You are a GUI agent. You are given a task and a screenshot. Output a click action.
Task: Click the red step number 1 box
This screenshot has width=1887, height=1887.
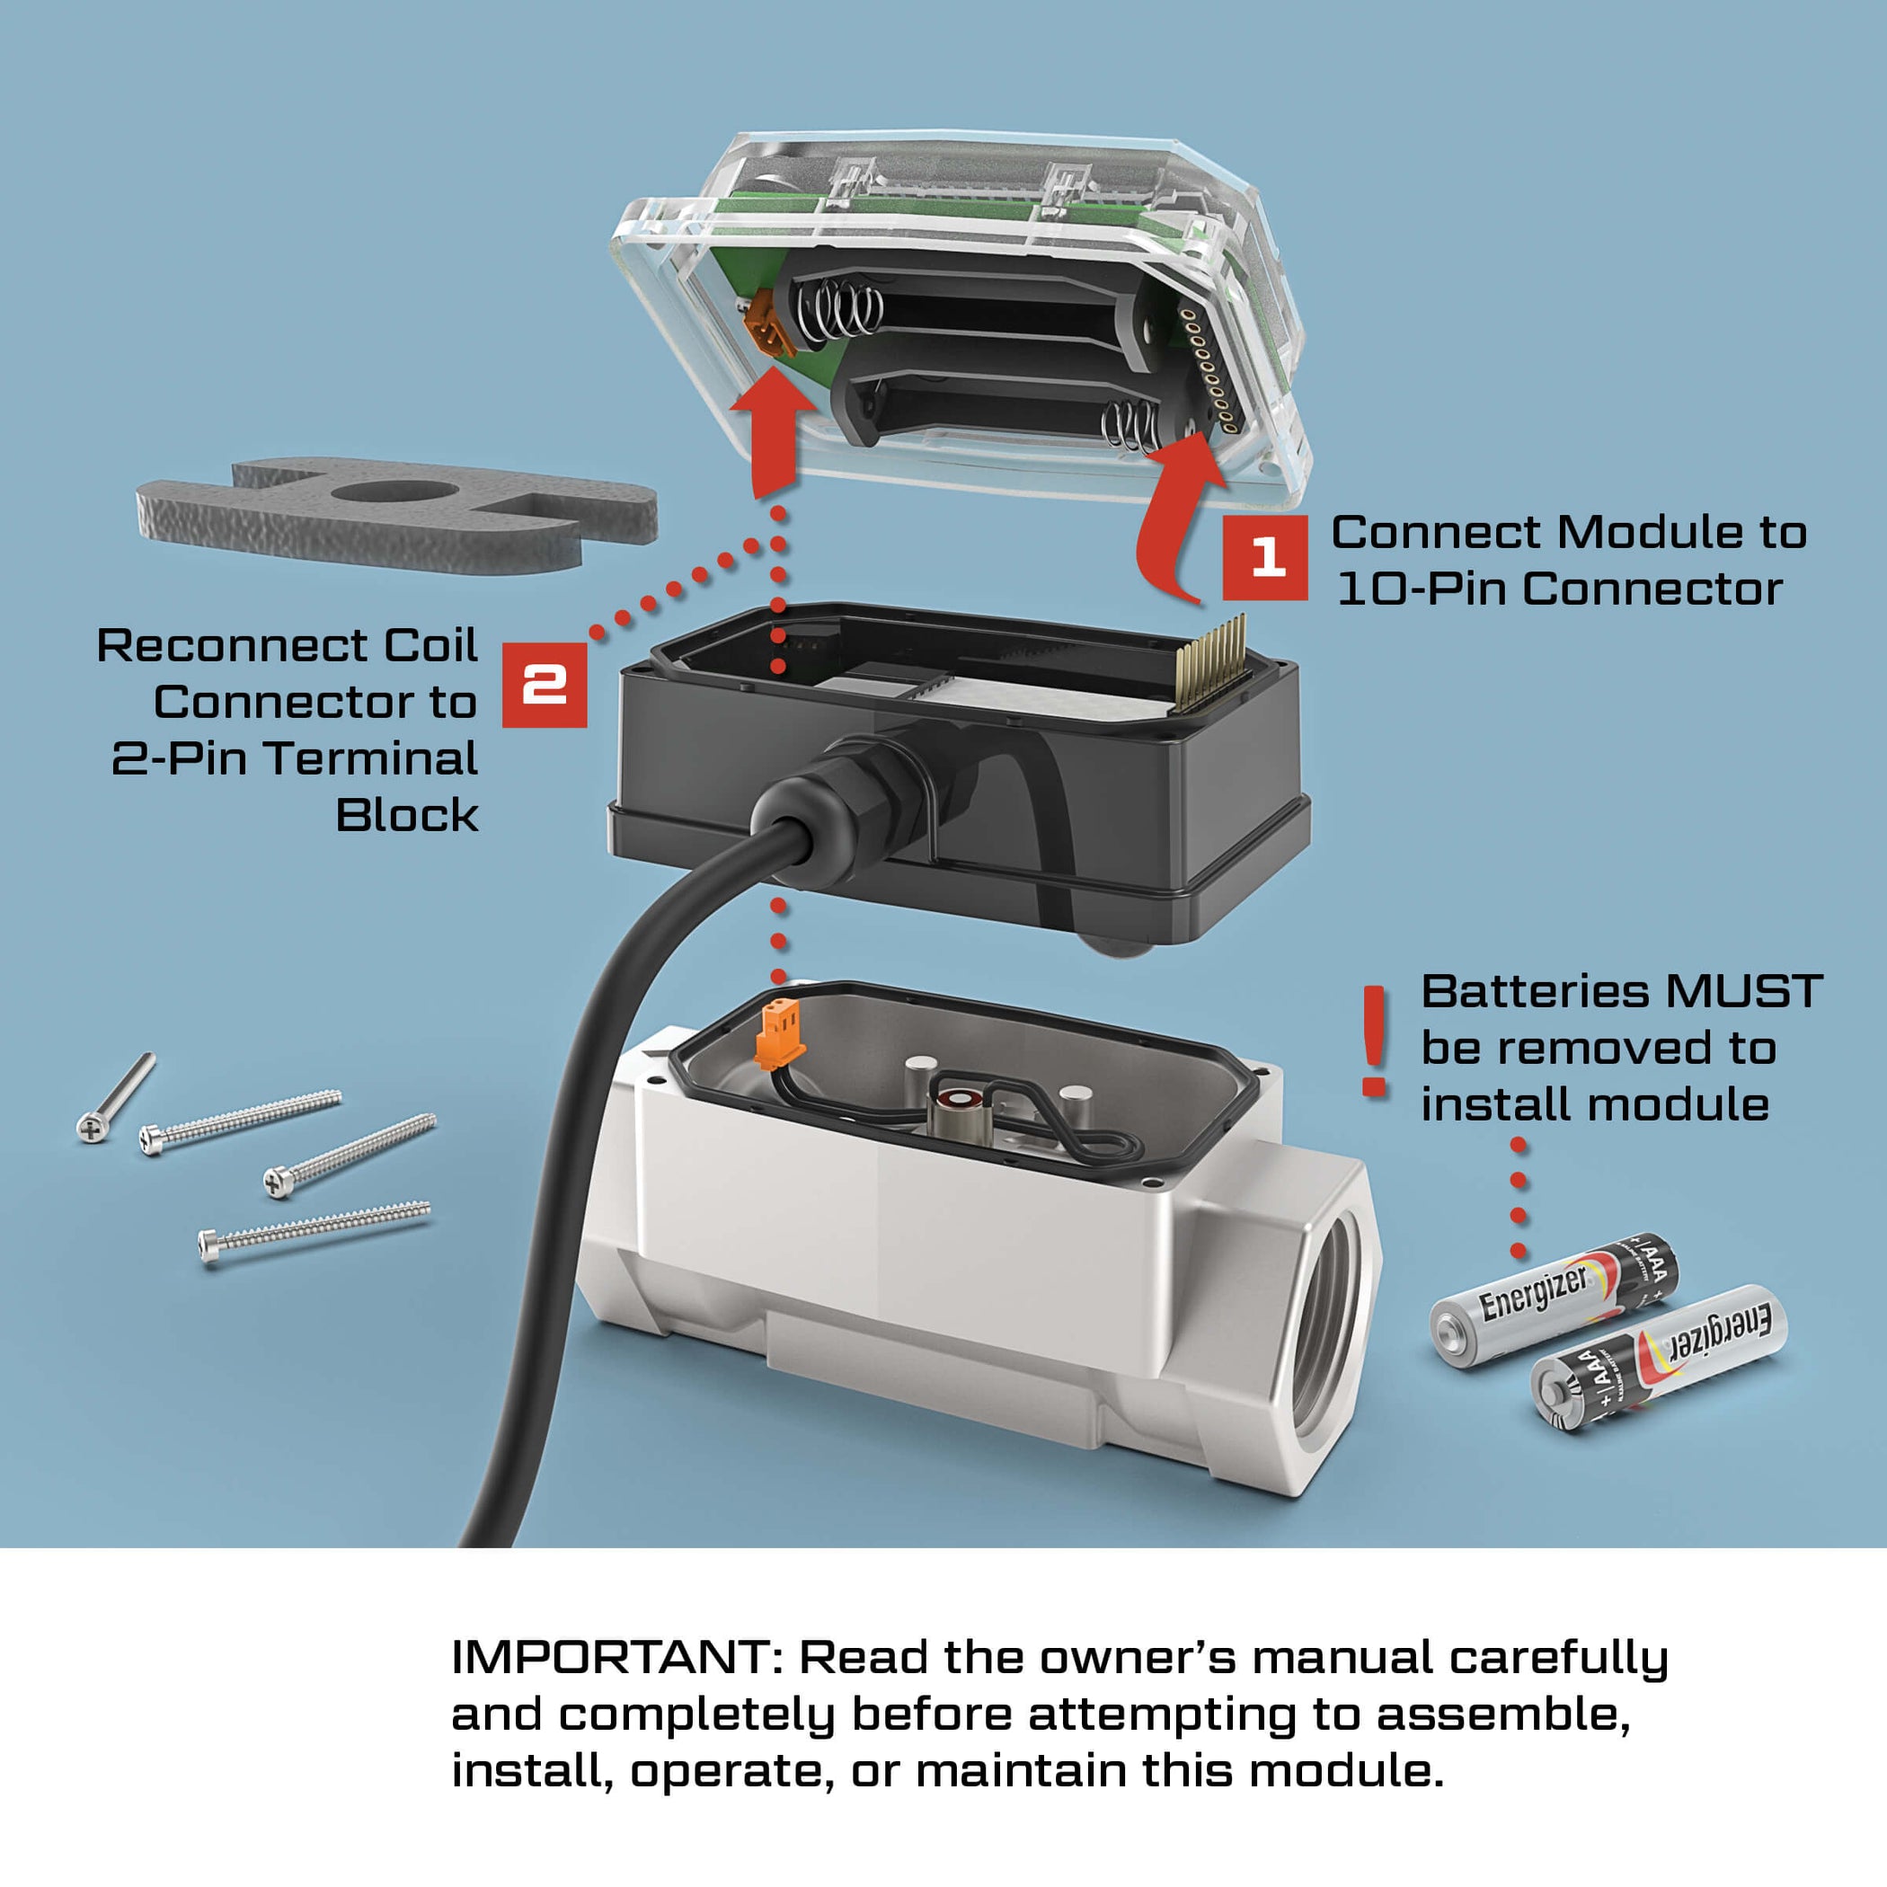(x=1265, y=558)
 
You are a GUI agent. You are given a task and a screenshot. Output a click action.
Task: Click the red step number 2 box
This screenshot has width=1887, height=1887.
(x=544, y=685)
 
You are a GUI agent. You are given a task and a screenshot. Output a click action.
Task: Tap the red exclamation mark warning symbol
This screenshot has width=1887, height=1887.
(x=1374, y=1041)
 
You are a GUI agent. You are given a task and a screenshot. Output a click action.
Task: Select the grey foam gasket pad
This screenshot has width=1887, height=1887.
(x=395, y=514)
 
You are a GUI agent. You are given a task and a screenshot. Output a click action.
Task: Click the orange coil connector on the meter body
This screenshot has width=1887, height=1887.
(x=779, y=1035)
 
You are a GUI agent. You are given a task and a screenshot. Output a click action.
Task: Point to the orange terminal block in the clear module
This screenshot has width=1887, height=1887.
(x=767, y=327)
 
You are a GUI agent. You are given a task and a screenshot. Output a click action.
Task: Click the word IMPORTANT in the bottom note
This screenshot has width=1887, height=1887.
(x=615, y=1656)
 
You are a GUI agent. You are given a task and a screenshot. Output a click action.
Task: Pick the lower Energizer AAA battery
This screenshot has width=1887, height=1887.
(x=1658, y=1358)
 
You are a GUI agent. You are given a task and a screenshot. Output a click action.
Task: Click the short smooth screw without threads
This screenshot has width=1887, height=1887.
(x=115, y=1098)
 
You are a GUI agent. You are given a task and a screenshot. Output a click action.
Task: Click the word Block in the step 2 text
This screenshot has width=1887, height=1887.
(x=406, y=815)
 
